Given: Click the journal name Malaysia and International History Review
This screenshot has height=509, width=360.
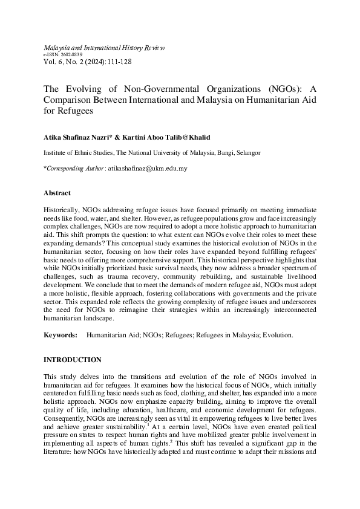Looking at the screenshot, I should (104, 47).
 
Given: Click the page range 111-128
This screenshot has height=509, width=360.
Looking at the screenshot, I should (120, 62).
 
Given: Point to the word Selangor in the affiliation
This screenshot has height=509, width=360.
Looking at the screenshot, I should (247, 153).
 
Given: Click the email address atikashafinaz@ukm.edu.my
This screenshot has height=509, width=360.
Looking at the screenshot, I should (148, 169).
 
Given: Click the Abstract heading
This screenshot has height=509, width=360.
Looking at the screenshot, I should (57, 193).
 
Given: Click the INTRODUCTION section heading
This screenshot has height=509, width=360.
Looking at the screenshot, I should (73, 360).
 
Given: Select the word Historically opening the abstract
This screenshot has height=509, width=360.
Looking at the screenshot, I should (62, 208).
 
